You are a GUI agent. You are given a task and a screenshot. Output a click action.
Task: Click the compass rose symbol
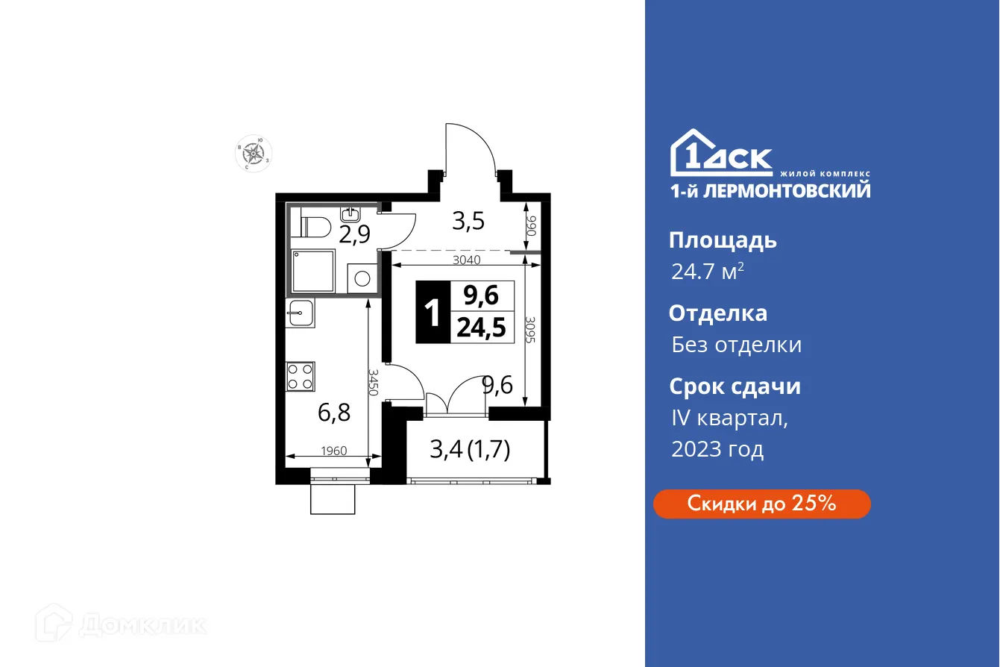(255, 153)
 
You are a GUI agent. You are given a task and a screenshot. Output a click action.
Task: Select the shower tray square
(314, 268)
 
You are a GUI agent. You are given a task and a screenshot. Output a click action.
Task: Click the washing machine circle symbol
(362, 279)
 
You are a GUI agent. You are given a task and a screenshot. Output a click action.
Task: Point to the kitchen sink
(300, 313)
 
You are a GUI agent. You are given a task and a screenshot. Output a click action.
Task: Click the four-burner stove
(300, 376)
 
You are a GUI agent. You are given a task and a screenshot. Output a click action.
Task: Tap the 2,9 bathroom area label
(354, 234)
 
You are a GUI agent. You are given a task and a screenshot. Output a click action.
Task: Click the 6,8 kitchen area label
(334, 412)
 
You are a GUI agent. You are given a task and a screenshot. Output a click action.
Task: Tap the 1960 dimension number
(333, 451)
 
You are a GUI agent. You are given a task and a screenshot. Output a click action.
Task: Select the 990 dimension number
(532, 226)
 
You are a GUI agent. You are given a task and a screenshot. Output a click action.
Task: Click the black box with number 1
(433, 313)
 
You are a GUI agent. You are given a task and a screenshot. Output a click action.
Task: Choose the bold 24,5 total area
(482, 329)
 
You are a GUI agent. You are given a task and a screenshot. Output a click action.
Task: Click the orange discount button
(761, 504)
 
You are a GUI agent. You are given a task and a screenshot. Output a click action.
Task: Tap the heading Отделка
(717, 313)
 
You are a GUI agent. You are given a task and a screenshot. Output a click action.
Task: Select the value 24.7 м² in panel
(707, 271)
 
